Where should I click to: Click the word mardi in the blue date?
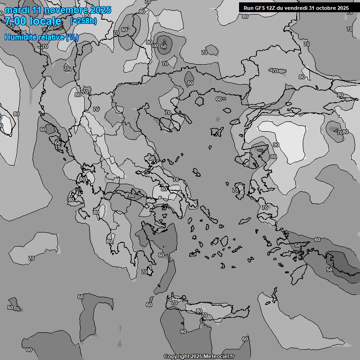click(16, 10)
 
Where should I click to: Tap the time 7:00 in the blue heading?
click(15, 21)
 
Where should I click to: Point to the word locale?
click(45, 21)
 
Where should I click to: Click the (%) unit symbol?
click(72, 37)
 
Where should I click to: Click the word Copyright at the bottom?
click(176, 356)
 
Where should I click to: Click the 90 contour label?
click(276, 145)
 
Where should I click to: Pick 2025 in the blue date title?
click(100, 10)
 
